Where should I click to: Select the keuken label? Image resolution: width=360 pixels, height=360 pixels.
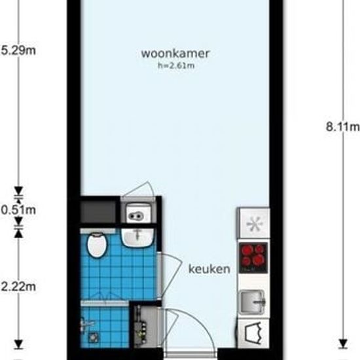click(x=209, y=269)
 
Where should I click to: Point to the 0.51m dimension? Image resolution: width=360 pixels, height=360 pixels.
click(x=18, y=209)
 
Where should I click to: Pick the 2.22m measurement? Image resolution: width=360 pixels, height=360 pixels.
click(x=18, y=285)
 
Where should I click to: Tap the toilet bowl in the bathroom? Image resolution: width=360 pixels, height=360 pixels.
click(x=98, y=246)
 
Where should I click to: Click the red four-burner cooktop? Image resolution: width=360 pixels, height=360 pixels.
click(x=253, y=255)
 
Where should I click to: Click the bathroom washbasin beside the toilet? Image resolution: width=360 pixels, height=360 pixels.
click(x=137, y=236)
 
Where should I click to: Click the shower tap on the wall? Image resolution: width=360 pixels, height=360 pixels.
click(x=86, y=323)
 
